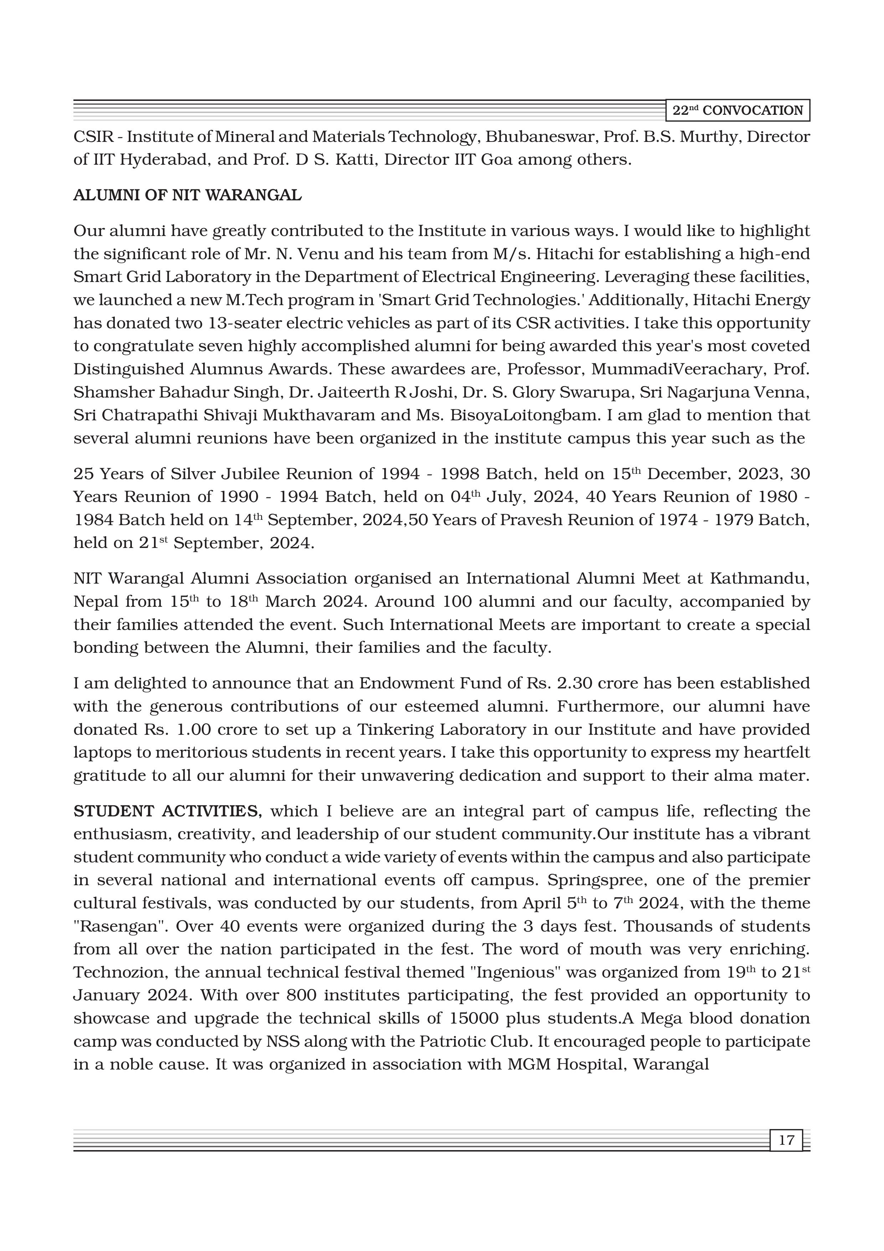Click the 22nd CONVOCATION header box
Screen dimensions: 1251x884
pyautogui.click(x=737, y=111)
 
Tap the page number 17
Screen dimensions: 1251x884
pyautogui.click(x=786, y=1140)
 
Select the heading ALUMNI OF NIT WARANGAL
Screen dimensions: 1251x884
pyautogui.click(x=187, y=196)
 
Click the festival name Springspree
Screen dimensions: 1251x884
pyautogui.click(x=596, y=881)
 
